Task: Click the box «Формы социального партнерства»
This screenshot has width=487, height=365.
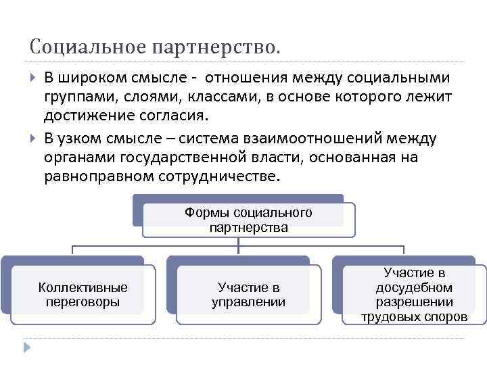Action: click(248, 220)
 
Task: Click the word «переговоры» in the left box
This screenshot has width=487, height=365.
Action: click(83, 302)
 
